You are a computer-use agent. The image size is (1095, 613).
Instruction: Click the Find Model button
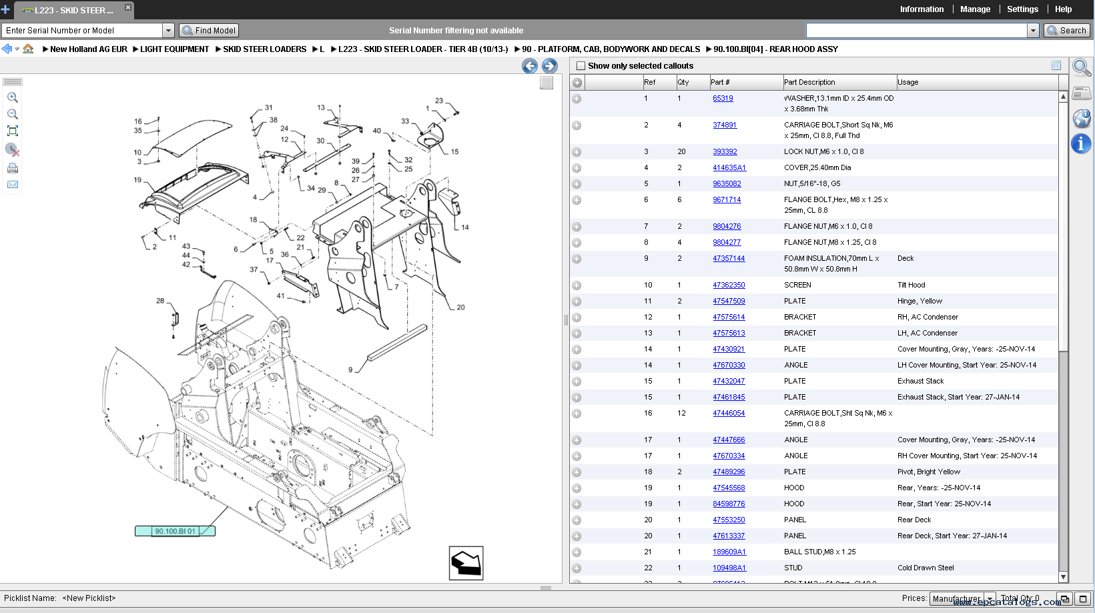coord(210,31)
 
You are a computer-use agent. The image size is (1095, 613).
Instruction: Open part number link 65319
coord(723,98)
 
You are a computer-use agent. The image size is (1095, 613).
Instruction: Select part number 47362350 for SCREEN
coord(729,285)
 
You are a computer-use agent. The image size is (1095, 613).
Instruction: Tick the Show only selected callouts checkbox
coord(581,66)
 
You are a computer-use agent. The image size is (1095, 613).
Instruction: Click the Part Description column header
coord(809,82)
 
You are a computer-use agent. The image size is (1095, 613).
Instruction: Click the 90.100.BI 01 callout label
coord(175,531)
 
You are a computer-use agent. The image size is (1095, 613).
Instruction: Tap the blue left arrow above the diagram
coord(530,65)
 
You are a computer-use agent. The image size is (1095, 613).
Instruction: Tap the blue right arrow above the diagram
coord(550,65)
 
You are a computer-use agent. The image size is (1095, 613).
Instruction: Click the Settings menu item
coord(1022,9)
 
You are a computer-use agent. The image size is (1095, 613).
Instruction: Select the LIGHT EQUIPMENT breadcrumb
coord(174,49)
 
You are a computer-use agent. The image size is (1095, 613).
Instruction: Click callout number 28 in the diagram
coord(160,301)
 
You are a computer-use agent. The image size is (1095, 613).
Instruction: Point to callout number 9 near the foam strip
coord(350,370)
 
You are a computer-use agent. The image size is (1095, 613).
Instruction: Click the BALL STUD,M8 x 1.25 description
coord(819,552)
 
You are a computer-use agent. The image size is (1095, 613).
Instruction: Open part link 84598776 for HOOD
coord(729,504)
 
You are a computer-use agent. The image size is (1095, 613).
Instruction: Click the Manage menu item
coord(975,9)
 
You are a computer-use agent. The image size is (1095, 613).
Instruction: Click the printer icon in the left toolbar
coord(13,168)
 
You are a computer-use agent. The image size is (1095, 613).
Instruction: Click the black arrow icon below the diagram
coord(466,563)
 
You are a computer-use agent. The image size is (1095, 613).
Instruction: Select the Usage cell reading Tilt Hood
coord(911,285)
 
